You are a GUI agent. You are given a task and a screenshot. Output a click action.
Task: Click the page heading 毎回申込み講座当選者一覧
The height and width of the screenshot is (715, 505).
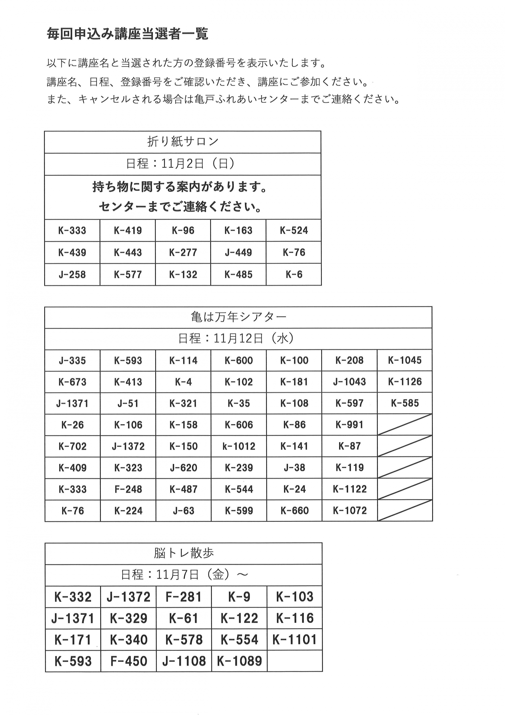[x=127, y=34]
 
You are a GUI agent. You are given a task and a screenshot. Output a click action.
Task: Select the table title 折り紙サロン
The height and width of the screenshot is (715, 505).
[x=183, y=142]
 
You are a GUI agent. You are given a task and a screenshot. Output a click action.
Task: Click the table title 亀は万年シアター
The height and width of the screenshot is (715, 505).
[x=239, y=317]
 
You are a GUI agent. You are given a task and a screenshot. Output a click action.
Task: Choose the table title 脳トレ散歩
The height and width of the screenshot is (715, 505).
[x=184, y=553]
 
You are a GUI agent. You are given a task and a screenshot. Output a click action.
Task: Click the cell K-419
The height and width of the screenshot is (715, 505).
[x=128, y=230]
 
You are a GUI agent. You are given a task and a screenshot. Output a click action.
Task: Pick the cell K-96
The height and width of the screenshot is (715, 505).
[x=183, y=230]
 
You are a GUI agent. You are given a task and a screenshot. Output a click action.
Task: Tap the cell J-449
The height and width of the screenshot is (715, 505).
[x=238, y=252]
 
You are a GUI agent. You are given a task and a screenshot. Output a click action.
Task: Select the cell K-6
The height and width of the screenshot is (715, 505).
[x=294, y=274]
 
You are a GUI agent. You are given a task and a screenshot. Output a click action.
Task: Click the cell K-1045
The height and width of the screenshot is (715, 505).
[x=405, y=360]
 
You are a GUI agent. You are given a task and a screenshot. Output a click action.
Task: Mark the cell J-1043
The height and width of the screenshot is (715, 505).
[x=349, y=382]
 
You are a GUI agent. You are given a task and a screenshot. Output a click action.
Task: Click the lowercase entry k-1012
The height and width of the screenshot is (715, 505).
[x=239, y=446]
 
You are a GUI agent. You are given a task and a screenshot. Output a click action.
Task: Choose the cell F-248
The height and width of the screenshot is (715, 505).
[x=128, y=489]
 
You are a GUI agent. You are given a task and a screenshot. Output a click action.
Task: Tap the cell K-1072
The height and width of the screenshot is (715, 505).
[x=350, y=510]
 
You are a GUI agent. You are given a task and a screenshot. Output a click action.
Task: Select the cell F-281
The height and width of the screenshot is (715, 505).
[x=184, y=597]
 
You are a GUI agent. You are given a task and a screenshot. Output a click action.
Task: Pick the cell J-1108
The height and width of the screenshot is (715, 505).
[x=184, y=661]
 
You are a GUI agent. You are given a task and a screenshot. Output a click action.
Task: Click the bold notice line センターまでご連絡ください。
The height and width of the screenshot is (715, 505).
[x=180, y=206]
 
